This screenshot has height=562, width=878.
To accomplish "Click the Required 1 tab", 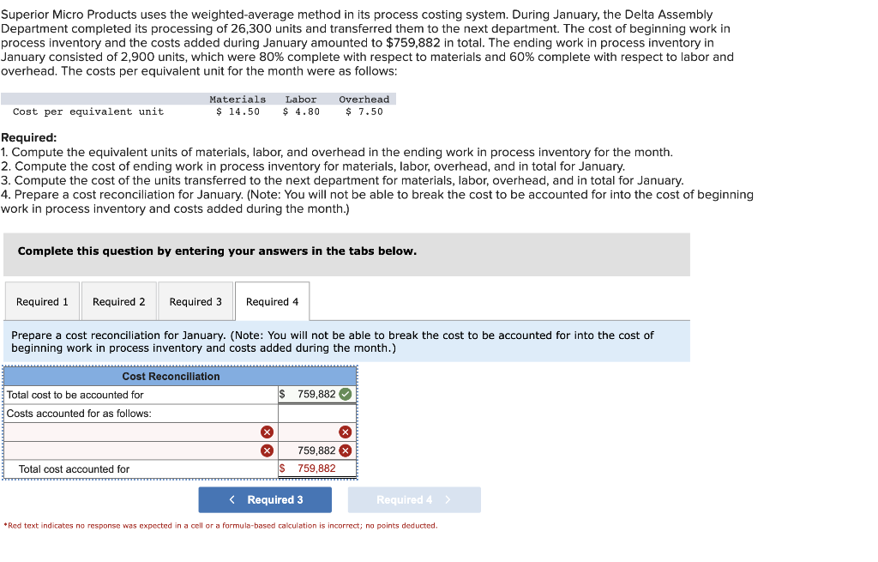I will tap(42, 302).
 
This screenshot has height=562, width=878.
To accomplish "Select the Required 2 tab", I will tap(118, 302).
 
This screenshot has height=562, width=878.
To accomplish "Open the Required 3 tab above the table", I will tap(195, 302).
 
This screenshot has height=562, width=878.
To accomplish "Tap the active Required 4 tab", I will tap(272, 302).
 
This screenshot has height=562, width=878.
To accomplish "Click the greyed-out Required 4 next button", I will tap(413, 499).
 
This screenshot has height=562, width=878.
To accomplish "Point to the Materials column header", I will tap(238, 100).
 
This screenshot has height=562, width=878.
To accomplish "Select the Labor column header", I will tap(301, 100).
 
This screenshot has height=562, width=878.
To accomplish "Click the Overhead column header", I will tap(364, 100).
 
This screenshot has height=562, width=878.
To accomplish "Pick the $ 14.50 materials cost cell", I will tap(238, 112).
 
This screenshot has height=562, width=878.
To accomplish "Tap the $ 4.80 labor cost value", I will tap(301, 112).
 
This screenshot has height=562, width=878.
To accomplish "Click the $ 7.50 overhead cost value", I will tap(364, 112).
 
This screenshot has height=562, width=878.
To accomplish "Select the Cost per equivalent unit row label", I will tap(88, 112).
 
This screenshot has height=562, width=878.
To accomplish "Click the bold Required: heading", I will tap(29, 137).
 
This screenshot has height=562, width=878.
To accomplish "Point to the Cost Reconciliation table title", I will tap(171, 377).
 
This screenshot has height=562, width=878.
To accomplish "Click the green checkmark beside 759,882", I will tap(345, 395).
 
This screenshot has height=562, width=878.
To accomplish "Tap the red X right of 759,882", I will tap(346, 450).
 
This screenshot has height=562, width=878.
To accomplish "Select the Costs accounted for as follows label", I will tap(79, 414).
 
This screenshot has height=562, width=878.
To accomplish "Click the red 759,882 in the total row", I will tap(316, 468).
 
